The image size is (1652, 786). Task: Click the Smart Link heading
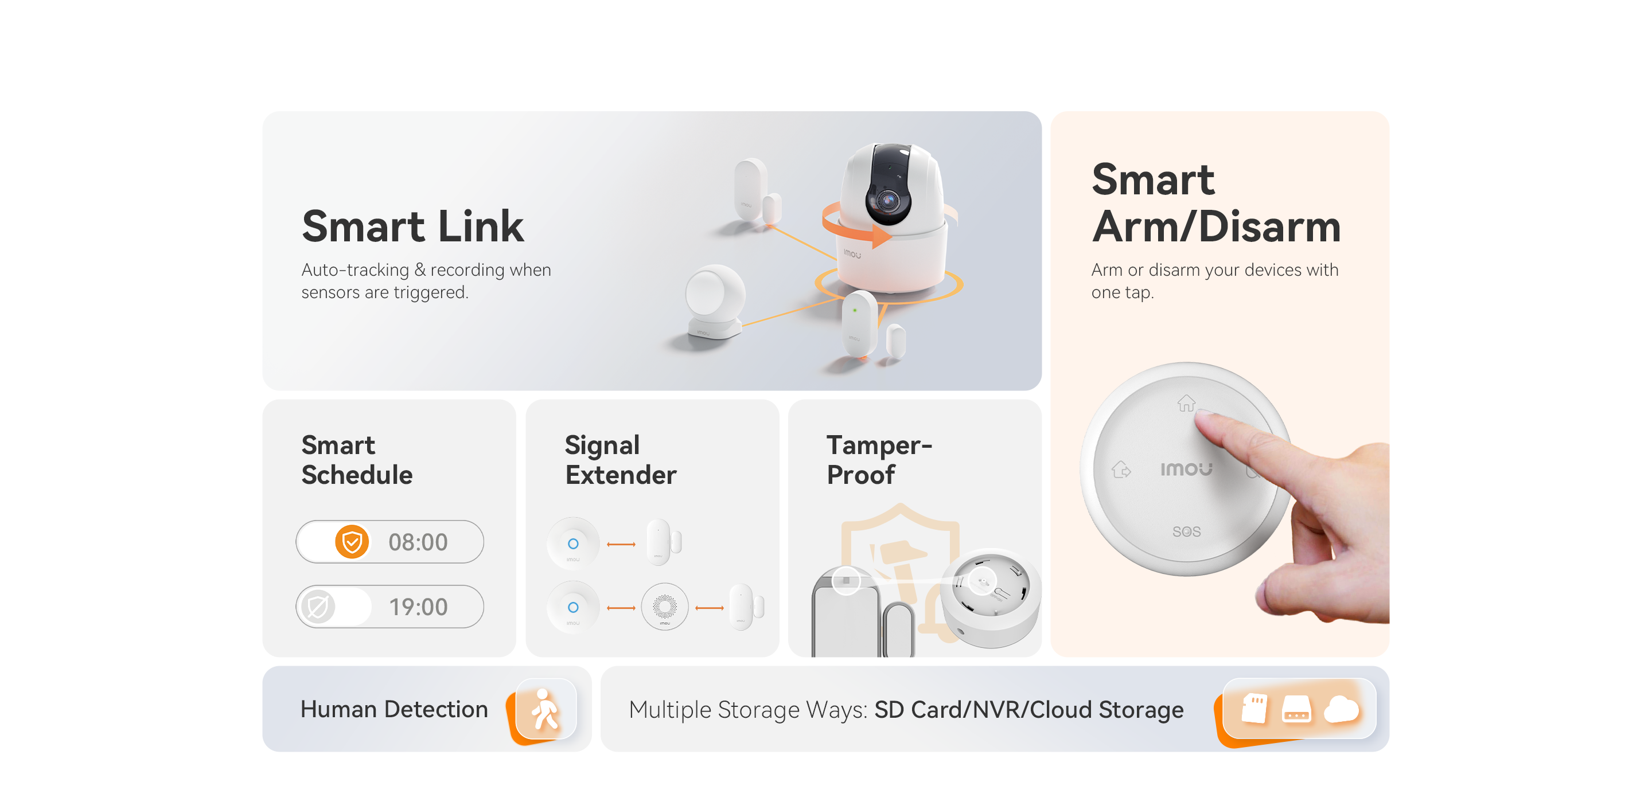pos(412,226)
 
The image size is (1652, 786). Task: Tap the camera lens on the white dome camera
pos(888,201)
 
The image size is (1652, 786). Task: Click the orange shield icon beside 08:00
pos(352,542)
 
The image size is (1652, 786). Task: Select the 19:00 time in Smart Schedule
pos(418,607)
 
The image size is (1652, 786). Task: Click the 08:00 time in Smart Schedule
pos(418,542)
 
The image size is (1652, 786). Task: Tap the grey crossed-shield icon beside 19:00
pos(317,607)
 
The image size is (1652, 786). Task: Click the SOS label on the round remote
pos(1186,531)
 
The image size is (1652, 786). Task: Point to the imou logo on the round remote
pos(1186,470)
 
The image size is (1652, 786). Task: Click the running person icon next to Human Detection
pos(545,709)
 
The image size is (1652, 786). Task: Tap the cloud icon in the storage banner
pos(1342,709)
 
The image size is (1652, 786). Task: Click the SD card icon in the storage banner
pos(1254,709)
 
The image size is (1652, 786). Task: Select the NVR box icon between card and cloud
pos(1296,709)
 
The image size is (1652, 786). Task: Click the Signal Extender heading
pos(620,460)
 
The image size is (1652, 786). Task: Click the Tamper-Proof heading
pos(879,460)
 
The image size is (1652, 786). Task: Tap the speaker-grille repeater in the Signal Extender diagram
pos(664,607)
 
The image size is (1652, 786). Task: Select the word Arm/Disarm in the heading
pos(1217,226)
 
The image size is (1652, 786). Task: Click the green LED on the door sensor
pos(854,310)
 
